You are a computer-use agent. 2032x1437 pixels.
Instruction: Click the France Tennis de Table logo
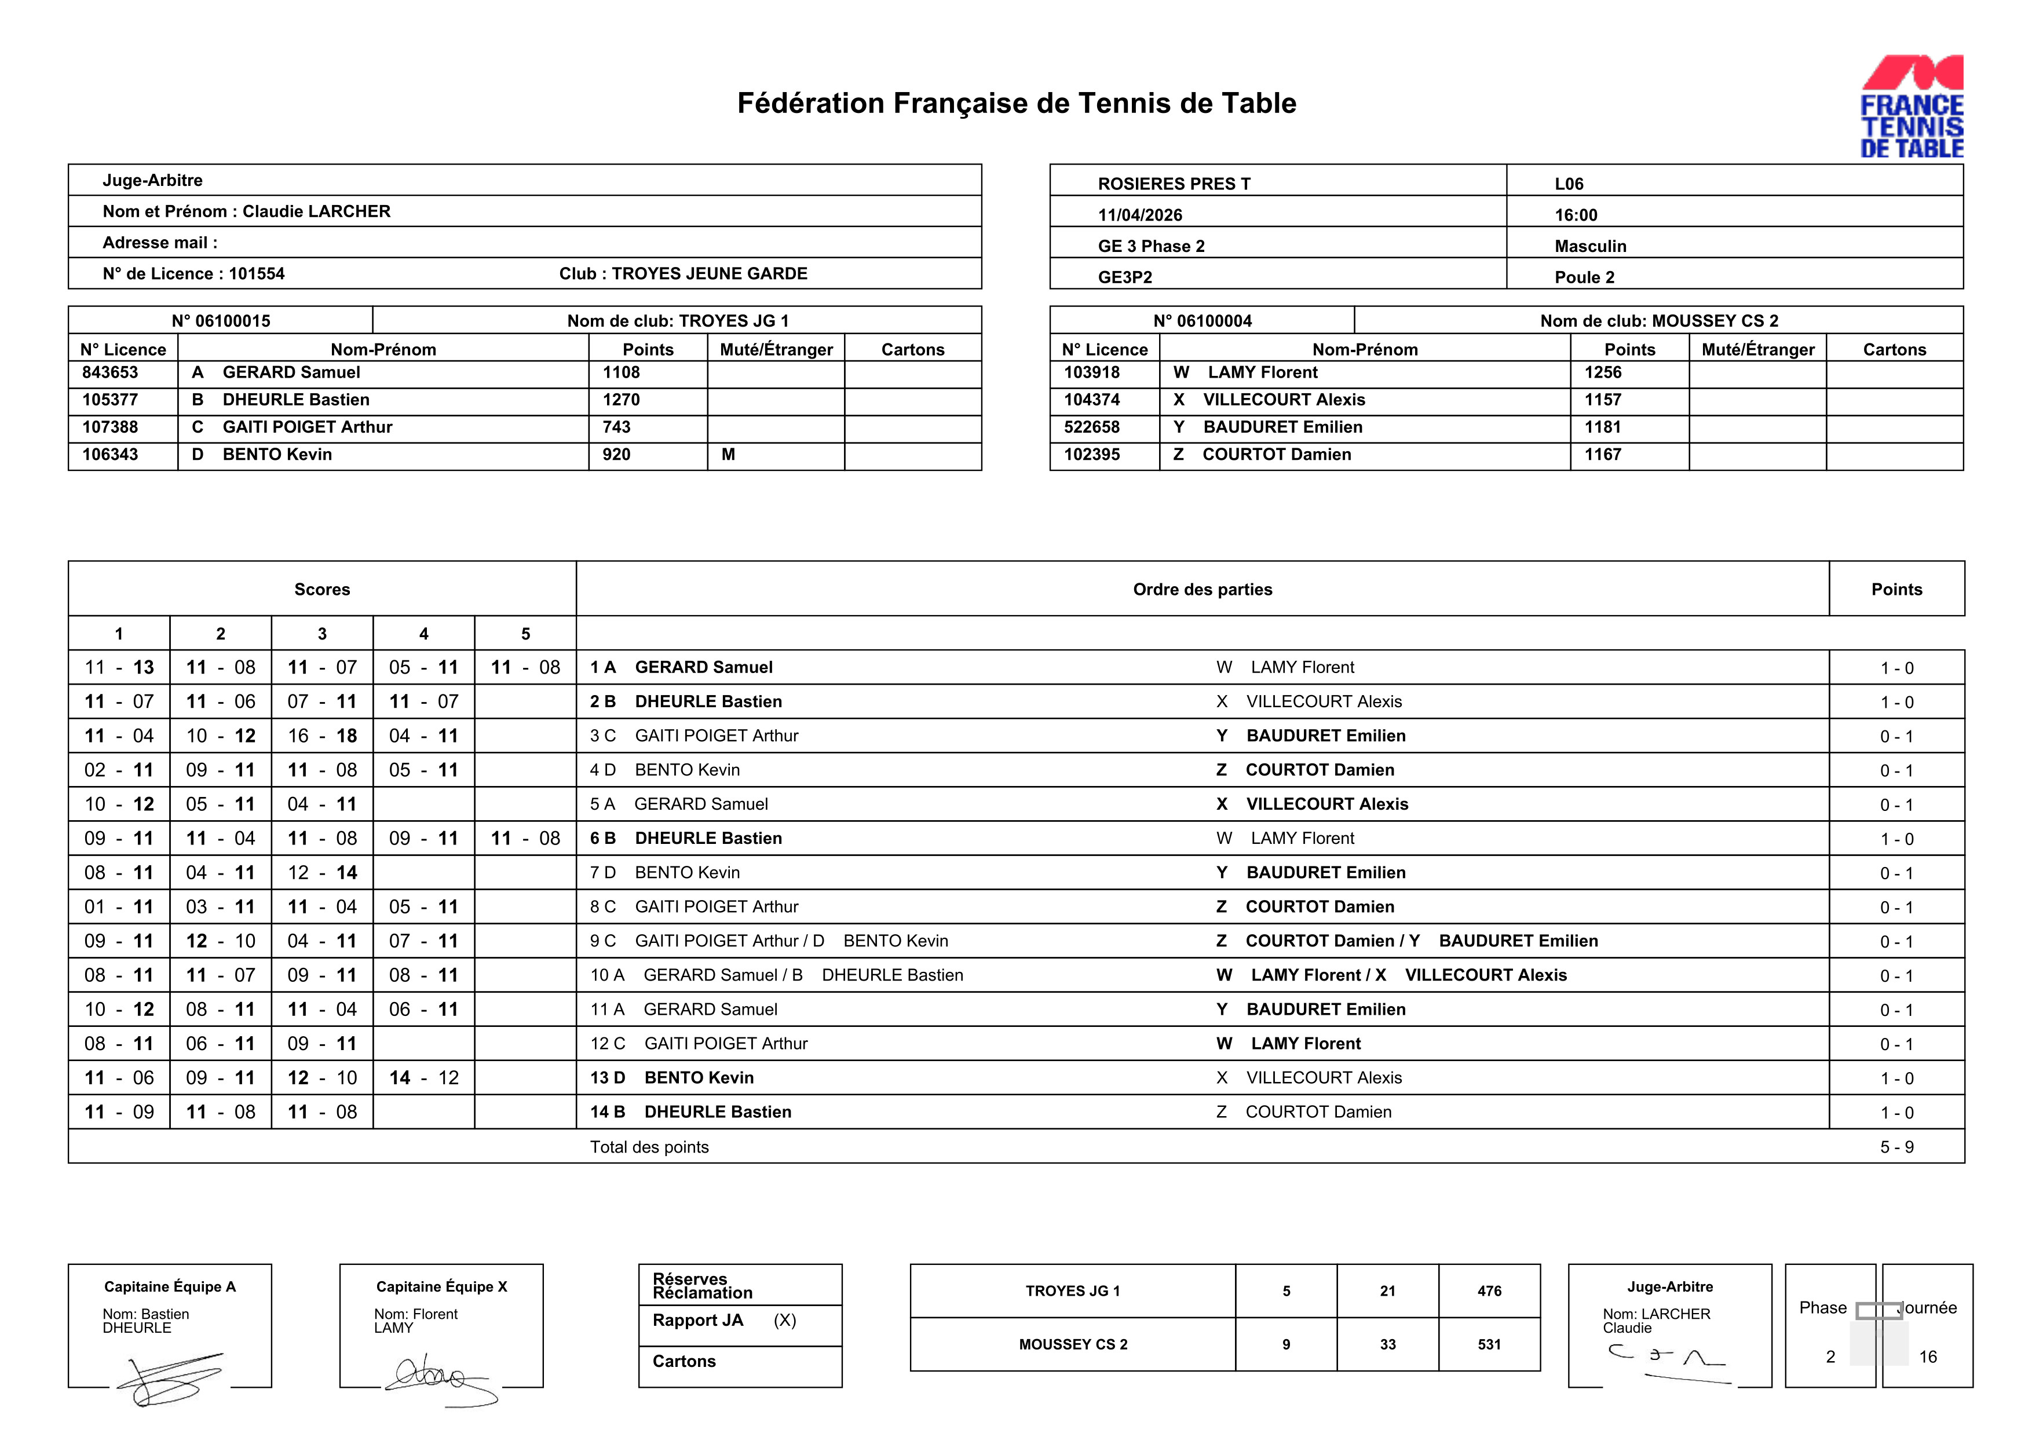coord(1911,107)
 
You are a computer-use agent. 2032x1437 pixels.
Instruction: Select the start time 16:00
coord(1576,215)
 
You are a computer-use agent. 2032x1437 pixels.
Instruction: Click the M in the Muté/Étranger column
coord(728,455)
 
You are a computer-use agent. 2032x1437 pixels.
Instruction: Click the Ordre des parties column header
coord(1202,589)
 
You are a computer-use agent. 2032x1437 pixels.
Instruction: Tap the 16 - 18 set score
coord(322,736)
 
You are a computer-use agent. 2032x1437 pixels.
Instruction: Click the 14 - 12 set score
coord(424,1078)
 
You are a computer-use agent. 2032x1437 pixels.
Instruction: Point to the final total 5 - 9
coord(1896,1147)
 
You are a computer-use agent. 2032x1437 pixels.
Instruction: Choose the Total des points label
coord(649,1147)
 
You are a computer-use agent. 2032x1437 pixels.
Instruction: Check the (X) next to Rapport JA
coord(784,1320)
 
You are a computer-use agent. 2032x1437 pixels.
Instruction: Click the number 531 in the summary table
coord(1489,1344)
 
